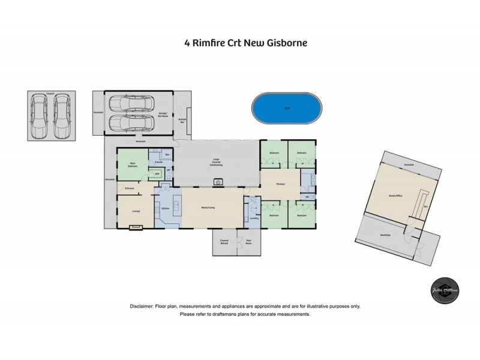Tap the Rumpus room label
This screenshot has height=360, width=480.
point(280,184)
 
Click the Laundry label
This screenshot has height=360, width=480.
point(253,218)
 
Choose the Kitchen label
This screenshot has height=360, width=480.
point(166,208)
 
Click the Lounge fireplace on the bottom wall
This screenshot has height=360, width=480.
point(136,227)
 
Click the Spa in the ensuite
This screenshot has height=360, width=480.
point(167,155)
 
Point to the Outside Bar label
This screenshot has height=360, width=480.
point(182,121)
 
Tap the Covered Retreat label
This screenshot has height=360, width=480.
point(224,241)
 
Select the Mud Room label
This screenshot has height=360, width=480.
point(248,241)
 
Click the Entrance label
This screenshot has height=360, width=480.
point(129,189)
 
